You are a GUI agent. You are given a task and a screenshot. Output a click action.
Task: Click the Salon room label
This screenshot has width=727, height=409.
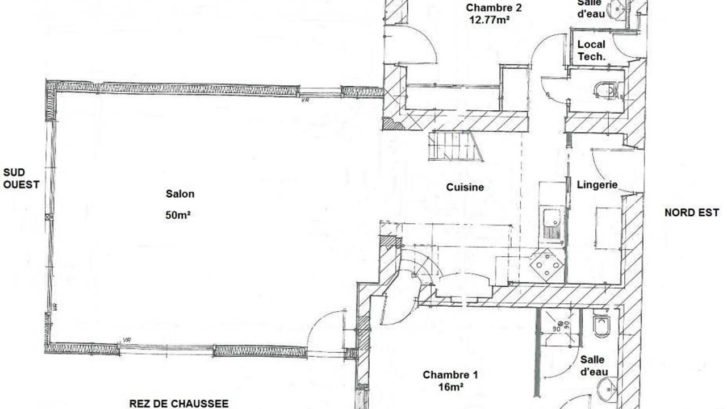[180, 194]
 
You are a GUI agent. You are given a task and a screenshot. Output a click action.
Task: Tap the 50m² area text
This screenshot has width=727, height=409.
[178, 215]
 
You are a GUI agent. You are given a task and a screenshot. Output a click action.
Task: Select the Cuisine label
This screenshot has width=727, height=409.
[465, 187]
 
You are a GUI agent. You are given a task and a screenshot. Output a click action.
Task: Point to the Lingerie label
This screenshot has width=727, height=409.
[597, 185]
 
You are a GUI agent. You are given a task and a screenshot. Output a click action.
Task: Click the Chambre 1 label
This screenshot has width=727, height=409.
[450, 375]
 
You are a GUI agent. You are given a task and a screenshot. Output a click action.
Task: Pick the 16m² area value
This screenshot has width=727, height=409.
[450, 387]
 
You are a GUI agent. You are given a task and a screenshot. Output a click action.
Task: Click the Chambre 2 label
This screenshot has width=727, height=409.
[494, 7]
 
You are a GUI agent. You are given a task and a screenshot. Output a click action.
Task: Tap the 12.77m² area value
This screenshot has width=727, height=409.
[489, 20]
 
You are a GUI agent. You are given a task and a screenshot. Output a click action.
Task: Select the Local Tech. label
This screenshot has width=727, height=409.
[591, 51]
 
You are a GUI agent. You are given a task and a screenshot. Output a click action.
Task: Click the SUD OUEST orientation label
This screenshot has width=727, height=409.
[21, 178]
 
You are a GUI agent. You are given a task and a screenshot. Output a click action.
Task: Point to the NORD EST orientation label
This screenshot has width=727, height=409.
[692, 212]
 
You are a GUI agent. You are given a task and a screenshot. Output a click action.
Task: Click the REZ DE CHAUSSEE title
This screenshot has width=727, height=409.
[179, 403]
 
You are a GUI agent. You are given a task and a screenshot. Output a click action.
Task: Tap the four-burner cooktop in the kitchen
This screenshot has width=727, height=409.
[547, 265]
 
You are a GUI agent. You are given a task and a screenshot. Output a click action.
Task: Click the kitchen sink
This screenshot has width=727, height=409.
[551, 224]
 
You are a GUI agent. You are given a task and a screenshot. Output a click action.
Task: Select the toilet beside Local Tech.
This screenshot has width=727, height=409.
[605, 90]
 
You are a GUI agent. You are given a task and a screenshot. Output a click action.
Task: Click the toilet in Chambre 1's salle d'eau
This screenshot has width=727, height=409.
[601, 326]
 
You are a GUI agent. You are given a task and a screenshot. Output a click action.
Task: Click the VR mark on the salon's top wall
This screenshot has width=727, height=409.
[305, 100]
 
